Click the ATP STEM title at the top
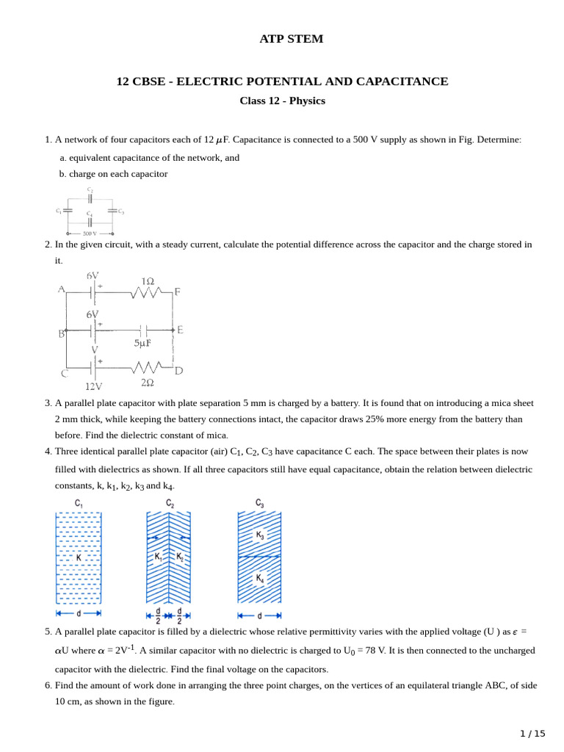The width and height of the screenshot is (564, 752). [291, 39]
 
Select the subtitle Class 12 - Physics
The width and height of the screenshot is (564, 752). [282, 101]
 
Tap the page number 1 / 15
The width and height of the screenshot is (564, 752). [532, 733]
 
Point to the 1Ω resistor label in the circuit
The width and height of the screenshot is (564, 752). [148, 281]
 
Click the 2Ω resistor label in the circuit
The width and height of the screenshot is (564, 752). [147, 383]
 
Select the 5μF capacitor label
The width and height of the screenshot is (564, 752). [142, 343]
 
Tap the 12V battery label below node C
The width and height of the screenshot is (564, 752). [93, 386]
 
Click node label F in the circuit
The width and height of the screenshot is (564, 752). [177, 292]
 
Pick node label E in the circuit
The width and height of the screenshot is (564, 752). [180, 330]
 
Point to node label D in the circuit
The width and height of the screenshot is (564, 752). [178, 371]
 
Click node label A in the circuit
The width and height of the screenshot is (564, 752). [62, 289]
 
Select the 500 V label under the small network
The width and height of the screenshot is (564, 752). [90, 233]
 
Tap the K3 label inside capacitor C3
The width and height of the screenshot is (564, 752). [260, 535]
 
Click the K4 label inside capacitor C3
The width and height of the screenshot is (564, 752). [260, 579]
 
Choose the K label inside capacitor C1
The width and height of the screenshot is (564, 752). [79, 557]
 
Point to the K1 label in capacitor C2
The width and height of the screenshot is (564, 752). [159, 557]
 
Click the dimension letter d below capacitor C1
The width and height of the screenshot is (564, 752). [79, 612]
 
